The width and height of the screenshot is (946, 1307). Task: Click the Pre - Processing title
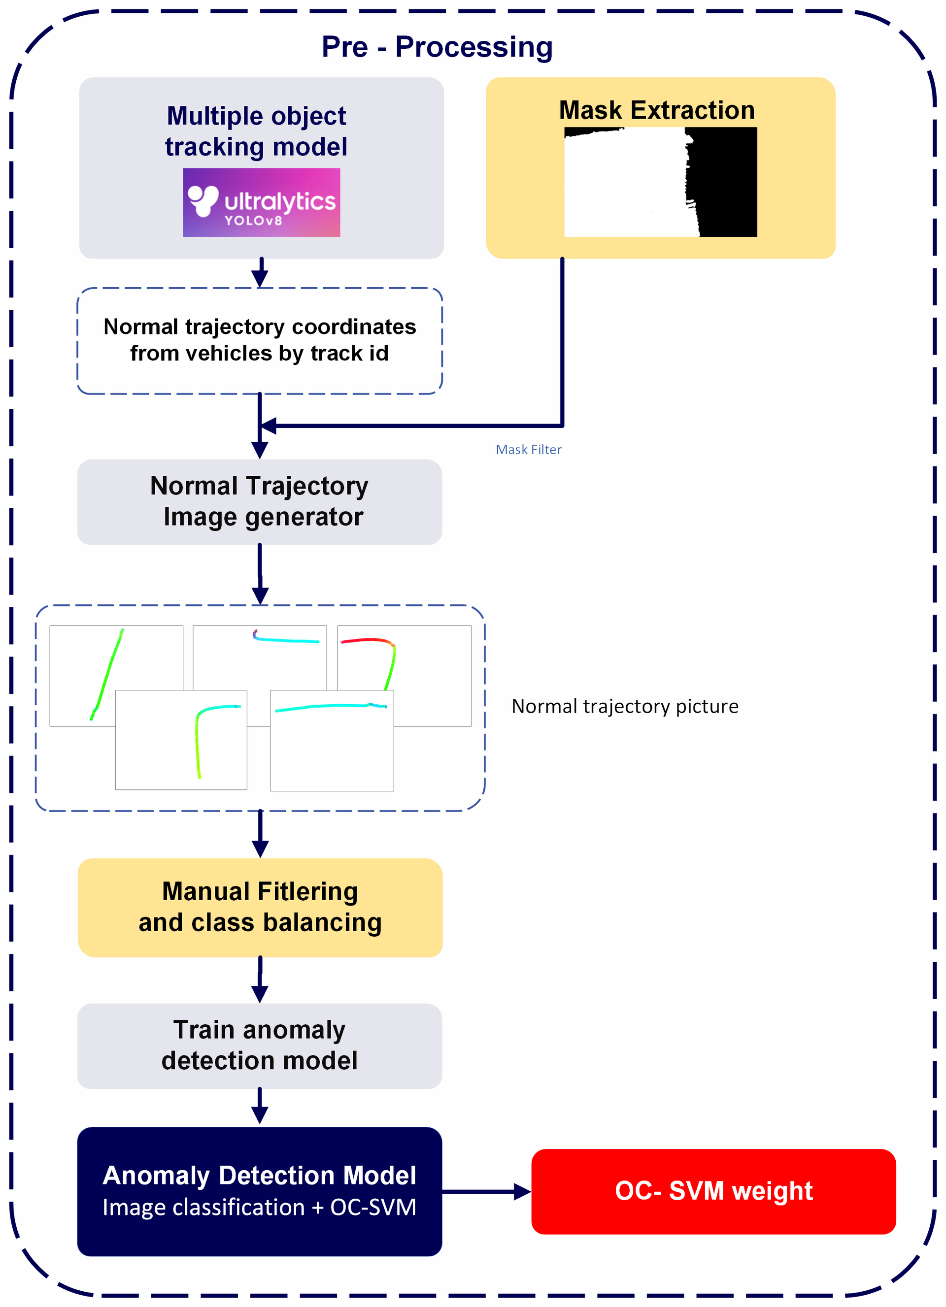tap(437, 47)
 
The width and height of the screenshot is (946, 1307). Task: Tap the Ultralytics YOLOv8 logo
tap(261, 202)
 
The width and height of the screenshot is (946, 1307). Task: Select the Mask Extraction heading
tap(657, 110)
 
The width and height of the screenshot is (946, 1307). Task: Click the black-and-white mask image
tap(660, 182)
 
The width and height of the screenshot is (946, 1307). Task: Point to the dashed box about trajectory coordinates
tap(260, 341)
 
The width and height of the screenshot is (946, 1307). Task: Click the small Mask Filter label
tap(528, 450)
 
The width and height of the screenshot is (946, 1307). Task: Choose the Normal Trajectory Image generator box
tap(260, 502)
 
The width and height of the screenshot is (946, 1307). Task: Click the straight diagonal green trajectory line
tap(106, 674)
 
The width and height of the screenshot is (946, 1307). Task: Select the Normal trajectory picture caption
tap(624, 707)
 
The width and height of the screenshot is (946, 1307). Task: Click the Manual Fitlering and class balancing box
tap(260, 907)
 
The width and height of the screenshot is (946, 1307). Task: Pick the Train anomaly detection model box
tap(260, 1046)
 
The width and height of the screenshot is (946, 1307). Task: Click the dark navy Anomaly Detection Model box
tap(260, 1191)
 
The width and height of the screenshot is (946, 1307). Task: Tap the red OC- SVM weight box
tap(713, 1191)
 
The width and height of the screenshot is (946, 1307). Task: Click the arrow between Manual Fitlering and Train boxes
tap(260, 980)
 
